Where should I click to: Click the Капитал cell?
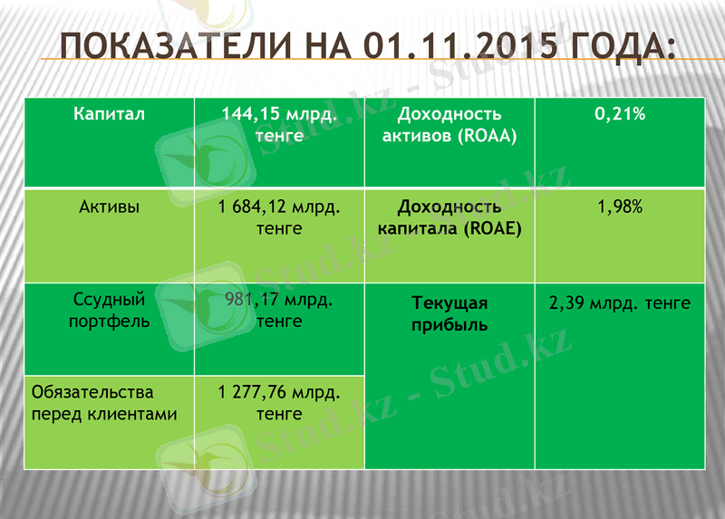coord(109,114)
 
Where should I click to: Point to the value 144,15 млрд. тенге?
coord(279,125)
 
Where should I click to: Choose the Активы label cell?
coord(109,207)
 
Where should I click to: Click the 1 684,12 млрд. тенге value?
coord(279,218)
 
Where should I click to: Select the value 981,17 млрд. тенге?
coord(279,311)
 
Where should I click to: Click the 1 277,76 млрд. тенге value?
coord(279,403)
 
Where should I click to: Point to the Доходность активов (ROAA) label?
coord(449,125)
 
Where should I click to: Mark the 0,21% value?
coord(620,114)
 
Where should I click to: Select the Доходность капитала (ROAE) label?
coord(449,217)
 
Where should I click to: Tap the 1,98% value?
coord(620,207)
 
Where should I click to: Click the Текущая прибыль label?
coord(449,313)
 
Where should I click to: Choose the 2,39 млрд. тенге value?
coord(620,303)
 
